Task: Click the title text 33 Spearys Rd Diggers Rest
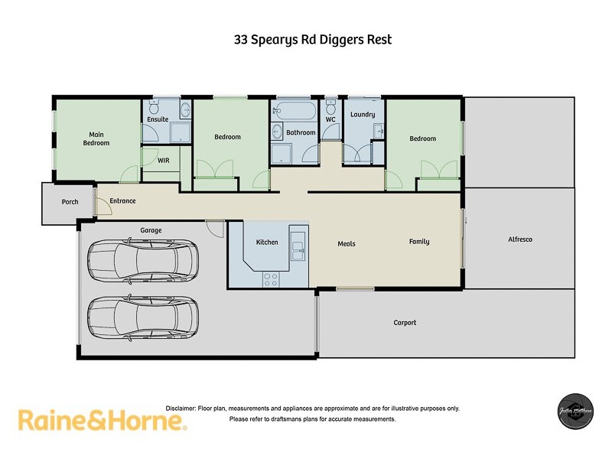pyautogui.click(x=312, y=40)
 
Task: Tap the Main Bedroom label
pyautogui.click(x=96, y=138)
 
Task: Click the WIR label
pyautogui.click(x=163, y=161)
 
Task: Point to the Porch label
pyautogui.click(x=70, y=202)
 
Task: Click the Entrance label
pyautogui.click(x=122, y=201)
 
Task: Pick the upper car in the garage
pyautogui.click(x=143, y=260)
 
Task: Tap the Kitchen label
pyautogui.click(x=267, y=242)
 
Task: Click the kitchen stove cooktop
pyautogui.click(x=271, y=278)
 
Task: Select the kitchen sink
pyautogui.click(x=298, y=246)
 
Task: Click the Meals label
pyautogui.click(x=347, y=244)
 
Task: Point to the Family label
pyautogui.click(x=418, y=242)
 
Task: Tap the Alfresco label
pyautogui.click(x=519, y=239)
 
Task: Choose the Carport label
pyautogui.click(x=405, y=323)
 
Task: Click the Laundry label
pyautogui.click(x=363, y=115)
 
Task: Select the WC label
pyautogui.click(x=330, y=119)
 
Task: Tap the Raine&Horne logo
pyautogui.click(x=102, y=420)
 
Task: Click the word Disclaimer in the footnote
pyautogui.click(x=181, y=409)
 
